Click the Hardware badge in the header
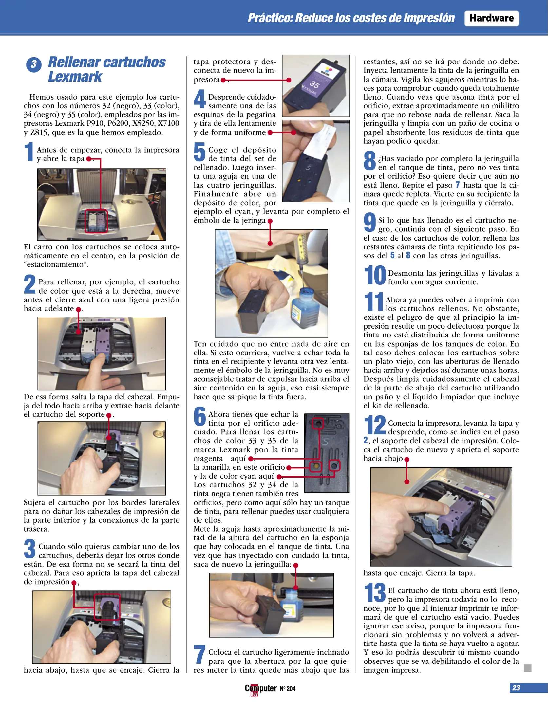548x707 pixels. (x=491, y=18)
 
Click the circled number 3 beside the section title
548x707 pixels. (x=34, y=64)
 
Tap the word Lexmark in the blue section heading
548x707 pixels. (x=75, y=77)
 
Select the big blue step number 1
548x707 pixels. (x=29, y=152)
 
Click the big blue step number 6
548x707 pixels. (x=200, y=416)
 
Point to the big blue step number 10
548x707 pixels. (x=375, y=275)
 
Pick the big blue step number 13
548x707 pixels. (x=375, y=593)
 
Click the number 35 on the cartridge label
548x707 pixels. (x=314, y=84)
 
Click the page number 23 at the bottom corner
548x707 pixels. (x=516, y=688)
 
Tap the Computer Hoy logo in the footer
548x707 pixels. (x=260, y=689)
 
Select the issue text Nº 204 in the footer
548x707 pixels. (x=288, y=689)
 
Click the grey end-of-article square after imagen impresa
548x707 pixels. (x=527, y=668)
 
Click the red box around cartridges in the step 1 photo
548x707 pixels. (x=96, y=222)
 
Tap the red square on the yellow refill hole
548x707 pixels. (x=316, y=466)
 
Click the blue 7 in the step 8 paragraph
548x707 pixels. (x=458, y=185)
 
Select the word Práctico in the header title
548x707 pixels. (x=270, y=18)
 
